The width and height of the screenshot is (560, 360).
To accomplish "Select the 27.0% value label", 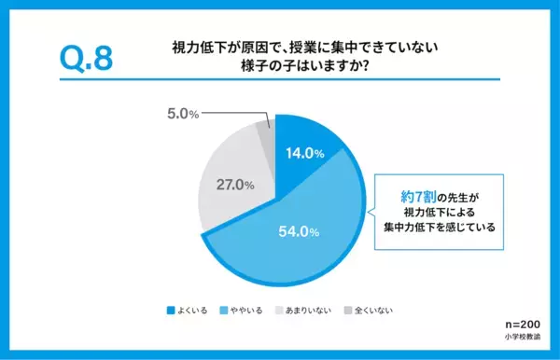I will click(x=236, y=186).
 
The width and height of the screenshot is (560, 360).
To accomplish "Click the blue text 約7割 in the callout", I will click(x=415, y=196).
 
